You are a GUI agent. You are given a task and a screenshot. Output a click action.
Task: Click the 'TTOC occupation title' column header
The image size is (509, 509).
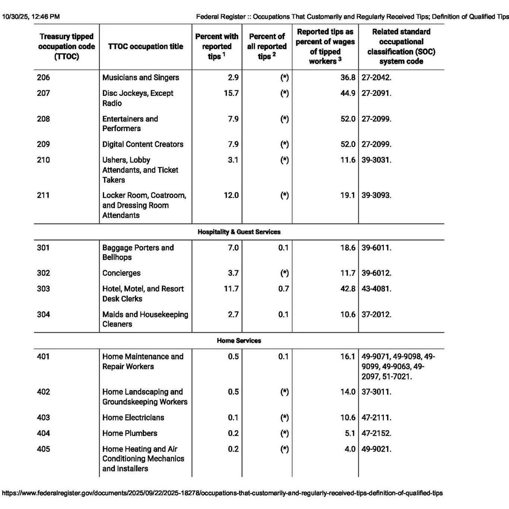point(145,47)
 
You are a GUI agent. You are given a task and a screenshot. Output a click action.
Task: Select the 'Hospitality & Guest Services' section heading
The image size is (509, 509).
point(239,232)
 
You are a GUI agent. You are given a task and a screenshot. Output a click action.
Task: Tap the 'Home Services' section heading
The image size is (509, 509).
point(239,341)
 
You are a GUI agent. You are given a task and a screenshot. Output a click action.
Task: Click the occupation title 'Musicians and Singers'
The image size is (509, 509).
point(140,78)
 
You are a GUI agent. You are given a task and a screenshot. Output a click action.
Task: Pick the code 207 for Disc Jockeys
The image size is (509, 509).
point(43,93)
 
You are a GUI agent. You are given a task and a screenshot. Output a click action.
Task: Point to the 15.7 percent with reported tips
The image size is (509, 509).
point(231,93)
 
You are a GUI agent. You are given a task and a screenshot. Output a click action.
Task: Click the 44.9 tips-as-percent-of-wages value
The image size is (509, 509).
point(348,93)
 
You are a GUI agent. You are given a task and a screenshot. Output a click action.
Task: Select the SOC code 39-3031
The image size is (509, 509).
point(376,160)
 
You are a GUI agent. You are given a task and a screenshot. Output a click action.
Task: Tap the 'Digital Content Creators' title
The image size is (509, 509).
point(143,144)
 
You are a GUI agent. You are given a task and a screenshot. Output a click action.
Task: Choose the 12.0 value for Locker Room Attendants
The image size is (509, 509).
point(231,195)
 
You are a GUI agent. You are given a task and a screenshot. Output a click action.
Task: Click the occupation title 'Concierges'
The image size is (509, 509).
point(121,273)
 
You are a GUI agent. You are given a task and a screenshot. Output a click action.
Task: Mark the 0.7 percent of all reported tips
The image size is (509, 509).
point(283,289)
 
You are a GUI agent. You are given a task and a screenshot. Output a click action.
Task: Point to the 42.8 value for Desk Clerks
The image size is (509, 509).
point(348,289)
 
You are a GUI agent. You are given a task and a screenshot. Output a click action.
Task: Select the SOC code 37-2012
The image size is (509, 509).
point(376,314)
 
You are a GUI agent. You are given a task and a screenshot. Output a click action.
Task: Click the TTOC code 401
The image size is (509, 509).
point(43,357)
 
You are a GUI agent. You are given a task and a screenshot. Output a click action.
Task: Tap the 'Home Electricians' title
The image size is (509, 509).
point(133,418)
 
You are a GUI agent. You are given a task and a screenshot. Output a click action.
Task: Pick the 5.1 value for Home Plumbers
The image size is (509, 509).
point(350,433)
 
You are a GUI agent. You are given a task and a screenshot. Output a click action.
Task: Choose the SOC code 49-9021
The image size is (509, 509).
point(376,449)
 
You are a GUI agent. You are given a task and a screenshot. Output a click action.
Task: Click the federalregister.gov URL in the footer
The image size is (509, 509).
point(222,493)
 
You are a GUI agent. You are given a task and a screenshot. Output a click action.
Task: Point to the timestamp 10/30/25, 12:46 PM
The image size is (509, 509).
point(31,16)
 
